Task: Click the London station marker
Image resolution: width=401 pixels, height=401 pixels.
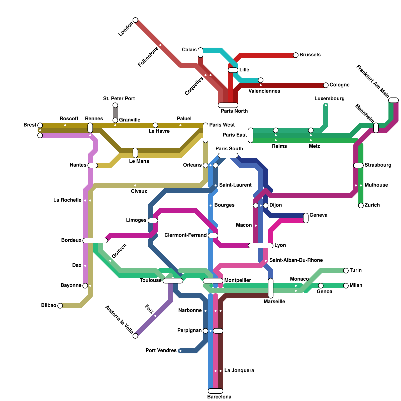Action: click(x=135, y=20)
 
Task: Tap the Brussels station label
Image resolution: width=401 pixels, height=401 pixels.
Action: click(x=310, y=55)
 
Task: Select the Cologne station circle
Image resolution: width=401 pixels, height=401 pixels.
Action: click(x=326, y=85)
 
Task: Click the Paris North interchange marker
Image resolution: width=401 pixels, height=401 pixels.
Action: click(x=228, y=105)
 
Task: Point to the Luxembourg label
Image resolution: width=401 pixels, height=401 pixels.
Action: click(x=329, y=99)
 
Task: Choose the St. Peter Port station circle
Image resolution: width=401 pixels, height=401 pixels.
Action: click(x=115, y=105)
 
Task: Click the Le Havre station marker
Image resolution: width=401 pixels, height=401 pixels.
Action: click(x=155, y=125)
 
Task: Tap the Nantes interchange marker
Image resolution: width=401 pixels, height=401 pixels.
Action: click(x=93, y=165)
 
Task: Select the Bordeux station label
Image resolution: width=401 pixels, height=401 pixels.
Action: click(x=71, y=240)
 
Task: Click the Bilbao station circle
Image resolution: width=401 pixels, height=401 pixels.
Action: click(x=60, y=306)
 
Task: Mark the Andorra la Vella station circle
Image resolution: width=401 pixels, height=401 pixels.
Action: click(x=135, y=336)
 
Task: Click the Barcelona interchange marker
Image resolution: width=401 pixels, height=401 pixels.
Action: click(x=216, y=391)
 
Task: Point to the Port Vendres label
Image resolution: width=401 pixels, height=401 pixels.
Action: click(x=161, y=350)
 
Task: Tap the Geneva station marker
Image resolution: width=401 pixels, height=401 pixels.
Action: click(x=306, y=218)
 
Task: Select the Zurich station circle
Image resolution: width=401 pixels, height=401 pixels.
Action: click(x=361, y=206)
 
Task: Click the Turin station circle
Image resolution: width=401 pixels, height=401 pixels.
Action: click(x=346, y=271)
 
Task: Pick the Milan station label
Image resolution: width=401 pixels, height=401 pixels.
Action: click(x=356, y=285)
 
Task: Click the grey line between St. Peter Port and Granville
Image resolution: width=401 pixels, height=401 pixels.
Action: click(x=115, y=113)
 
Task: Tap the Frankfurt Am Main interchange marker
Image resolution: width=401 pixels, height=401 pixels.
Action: click(x=393, y=100)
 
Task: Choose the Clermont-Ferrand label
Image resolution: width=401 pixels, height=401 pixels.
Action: click(x=185, y=235)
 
